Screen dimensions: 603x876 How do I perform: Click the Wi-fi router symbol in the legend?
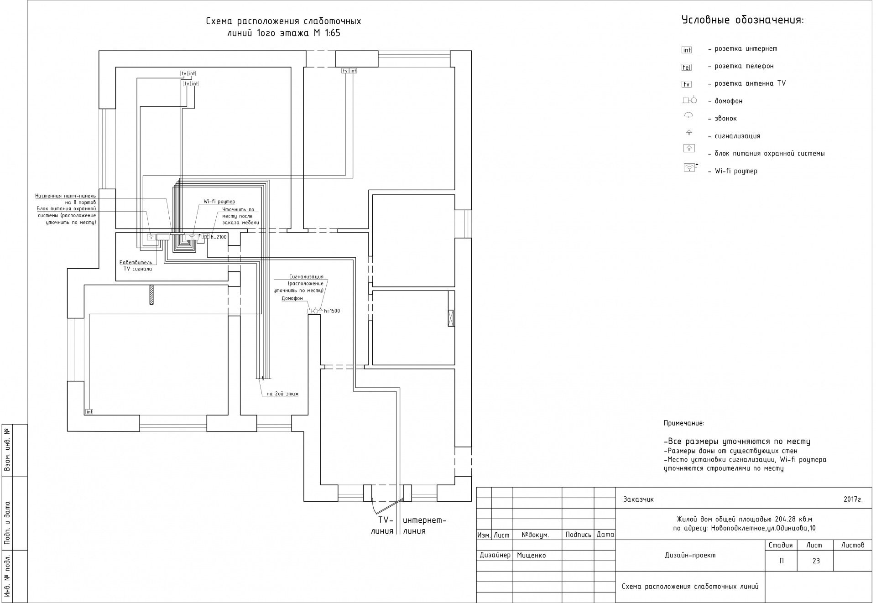pos(689,168)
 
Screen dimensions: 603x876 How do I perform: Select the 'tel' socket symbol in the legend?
pos(686,67)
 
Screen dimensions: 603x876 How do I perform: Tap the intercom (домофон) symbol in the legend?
pos(689,100)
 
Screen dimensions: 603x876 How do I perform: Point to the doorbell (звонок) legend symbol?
pos(688,116)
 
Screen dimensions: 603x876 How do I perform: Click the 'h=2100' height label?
pos(219,237)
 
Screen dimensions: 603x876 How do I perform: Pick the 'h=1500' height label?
pos(332,311)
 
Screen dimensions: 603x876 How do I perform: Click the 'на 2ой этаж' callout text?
pos(282,394)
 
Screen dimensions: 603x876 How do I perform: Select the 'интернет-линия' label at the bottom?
pos(424,525)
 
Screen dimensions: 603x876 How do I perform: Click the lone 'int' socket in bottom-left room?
pos(89,411)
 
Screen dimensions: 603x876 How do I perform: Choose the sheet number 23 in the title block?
pos(816,561)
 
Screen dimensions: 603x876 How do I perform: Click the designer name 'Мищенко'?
pos(531,556)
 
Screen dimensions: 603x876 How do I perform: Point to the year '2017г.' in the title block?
pos(853,499)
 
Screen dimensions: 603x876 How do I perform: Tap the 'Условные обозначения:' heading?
pos(742,21)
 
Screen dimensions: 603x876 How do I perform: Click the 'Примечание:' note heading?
pos(683,423)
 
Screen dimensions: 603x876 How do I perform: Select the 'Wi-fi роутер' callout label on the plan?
pos(219,202)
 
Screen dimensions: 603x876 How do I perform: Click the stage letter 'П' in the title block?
pos(782,561)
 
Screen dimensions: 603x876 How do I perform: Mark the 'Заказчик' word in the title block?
pos(638,499)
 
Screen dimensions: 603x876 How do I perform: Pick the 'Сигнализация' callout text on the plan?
pos(306,276)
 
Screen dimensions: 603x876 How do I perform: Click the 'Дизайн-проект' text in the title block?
pos(690,556)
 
